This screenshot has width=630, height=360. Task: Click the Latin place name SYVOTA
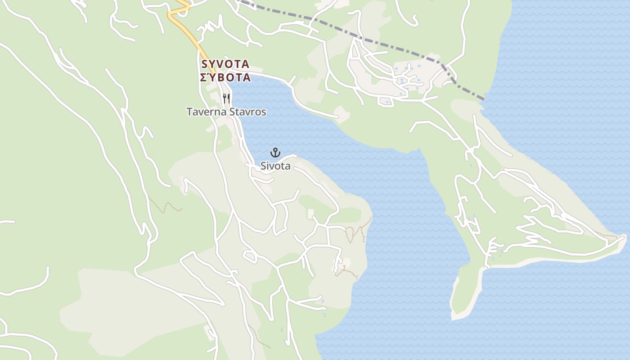[x=225, y=64]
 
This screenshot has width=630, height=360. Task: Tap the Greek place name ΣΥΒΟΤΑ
[x=225, y=77]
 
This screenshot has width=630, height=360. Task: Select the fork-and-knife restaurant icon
[x=226, y=98]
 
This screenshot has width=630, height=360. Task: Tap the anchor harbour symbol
[x=275, y=153]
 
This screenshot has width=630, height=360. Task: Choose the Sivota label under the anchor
[x=275, y=166]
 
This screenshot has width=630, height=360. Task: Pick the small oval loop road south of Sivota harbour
[x=250, y=256]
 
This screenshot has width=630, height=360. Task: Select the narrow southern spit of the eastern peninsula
[x=463, y=292]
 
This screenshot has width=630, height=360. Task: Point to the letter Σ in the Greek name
[x=203, y=77]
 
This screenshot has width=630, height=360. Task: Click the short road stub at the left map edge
[x=7, y=221]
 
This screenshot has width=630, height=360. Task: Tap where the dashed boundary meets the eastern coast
[x=484, y=99]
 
